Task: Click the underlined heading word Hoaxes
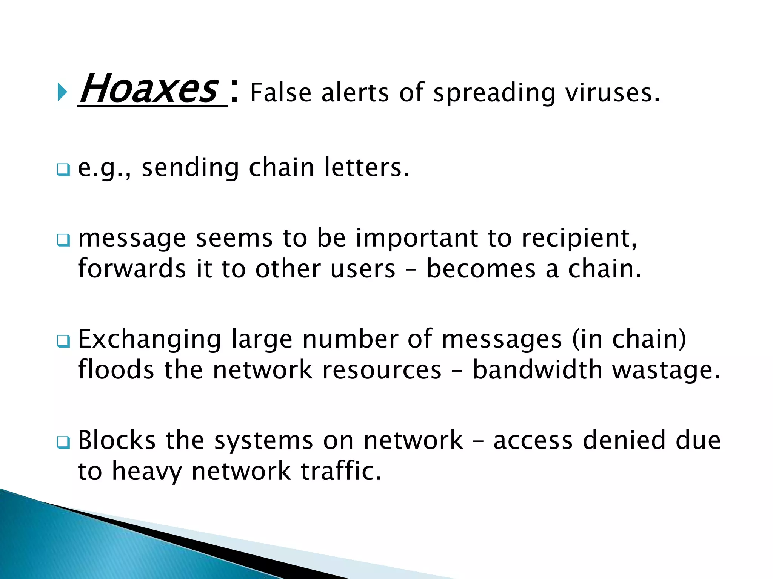[149, 89]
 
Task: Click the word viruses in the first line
[612, 93]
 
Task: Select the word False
[280, 93]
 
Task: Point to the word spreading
[494, 93]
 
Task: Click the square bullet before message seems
[63, 240]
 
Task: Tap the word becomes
[481, 269]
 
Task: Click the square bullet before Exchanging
[63, 341]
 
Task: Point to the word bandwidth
[537, 370]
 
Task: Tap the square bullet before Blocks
[63, 442]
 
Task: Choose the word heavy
[147, 472]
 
